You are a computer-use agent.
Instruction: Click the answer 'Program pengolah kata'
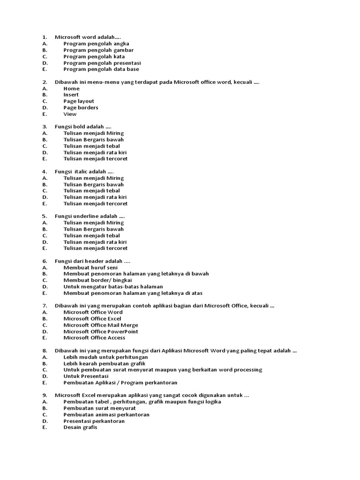click(x=94, y=56)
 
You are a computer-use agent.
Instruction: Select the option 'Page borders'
click(x=81, y=107)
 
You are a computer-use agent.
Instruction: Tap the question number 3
click(x=45, y=127)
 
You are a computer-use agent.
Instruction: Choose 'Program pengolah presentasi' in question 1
click(x=102, y=63)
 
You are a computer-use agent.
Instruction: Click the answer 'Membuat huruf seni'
click(x=90, y=267)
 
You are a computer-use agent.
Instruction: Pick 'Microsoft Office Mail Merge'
click(x=100, y=325)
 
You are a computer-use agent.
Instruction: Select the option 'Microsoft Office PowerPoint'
click(x=101, y=331)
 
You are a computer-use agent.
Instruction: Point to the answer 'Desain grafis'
click(x=80, y=427)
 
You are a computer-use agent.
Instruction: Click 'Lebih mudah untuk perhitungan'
click(x=105, y=357)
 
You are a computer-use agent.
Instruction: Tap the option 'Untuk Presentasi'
click(x=86, y=376)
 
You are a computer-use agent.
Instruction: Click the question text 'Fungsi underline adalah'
click(x=86, y=216)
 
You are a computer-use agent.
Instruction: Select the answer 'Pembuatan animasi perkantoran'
click(x=106, y=414)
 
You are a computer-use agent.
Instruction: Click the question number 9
click(x=45, y=395)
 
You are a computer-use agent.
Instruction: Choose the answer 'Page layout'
click(x=79, y=101)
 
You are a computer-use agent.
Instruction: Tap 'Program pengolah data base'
click(x=101, y=69)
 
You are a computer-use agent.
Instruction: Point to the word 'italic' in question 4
click(x=83, y=172)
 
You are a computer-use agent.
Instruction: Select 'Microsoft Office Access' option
click(x=94, y=337)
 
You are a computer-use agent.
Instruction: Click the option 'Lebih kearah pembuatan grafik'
click(x=105, y=363)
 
